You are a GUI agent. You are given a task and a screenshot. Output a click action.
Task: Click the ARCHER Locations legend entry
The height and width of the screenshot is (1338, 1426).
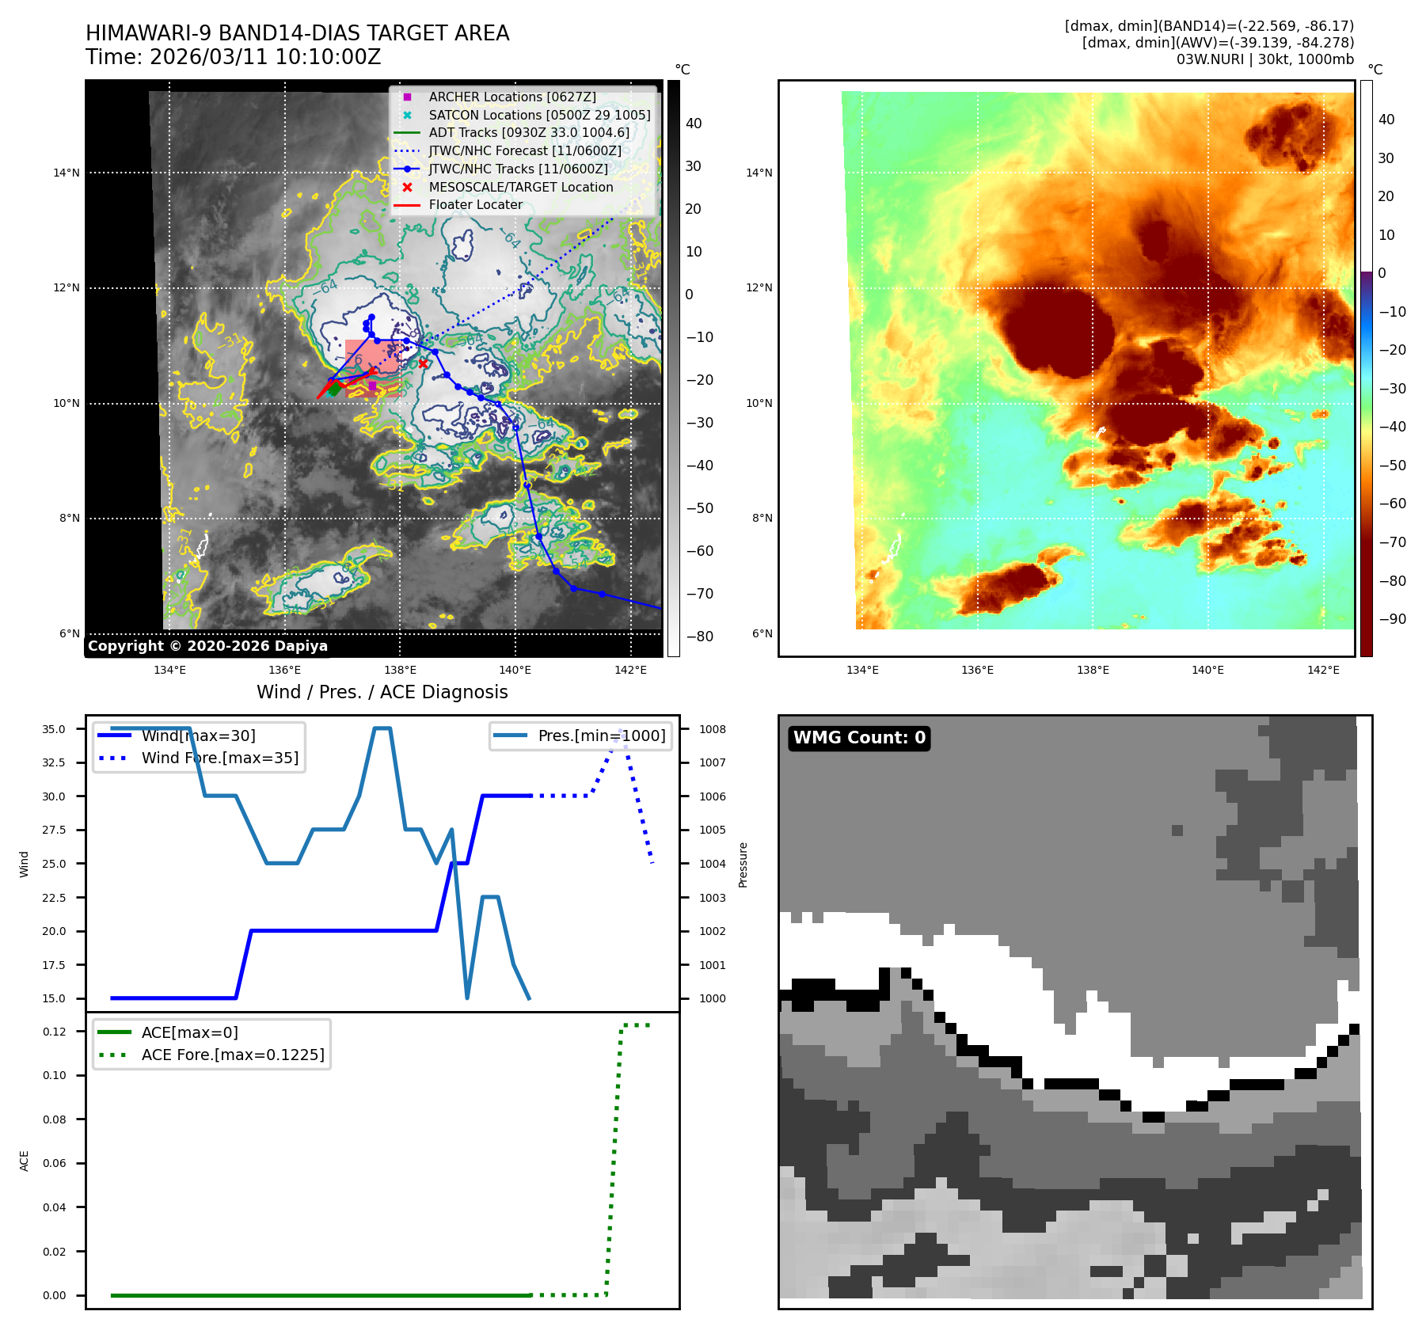point(511,97)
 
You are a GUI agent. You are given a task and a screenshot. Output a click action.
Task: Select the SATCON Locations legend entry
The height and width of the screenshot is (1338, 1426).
point(538,115)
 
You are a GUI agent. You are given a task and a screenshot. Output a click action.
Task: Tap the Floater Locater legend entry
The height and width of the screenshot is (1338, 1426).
point(475,204)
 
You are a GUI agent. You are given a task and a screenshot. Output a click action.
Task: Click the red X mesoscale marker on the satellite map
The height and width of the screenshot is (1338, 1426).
point(424,363)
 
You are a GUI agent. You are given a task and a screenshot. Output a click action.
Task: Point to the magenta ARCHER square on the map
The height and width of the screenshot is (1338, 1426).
point(372,386)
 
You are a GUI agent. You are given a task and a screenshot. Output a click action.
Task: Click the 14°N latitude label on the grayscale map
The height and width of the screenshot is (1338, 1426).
point(67,173)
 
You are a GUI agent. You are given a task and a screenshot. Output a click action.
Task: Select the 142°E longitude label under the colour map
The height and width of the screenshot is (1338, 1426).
point(1323,670)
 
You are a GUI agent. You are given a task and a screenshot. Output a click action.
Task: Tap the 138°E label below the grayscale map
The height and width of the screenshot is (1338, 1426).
point(400,670)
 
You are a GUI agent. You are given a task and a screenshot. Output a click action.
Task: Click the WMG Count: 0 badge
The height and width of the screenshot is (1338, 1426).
point(859,738)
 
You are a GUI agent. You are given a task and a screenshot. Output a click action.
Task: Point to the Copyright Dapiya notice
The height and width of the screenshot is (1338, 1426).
point(207,646)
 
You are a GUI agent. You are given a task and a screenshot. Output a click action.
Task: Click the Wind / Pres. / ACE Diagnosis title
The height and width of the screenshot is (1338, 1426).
point(382,692)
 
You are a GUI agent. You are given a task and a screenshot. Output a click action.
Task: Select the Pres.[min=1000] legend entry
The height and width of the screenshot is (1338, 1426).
point(601,736)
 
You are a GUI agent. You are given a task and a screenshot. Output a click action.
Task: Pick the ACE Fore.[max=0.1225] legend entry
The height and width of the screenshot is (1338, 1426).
point(232,1055)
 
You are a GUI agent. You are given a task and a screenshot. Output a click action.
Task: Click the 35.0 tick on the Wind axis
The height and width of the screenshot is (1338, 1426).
point(54,729)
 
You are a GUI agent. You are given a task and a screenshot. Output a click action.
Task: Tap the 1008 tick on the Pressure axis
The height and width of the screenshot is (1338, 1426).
point(712,729)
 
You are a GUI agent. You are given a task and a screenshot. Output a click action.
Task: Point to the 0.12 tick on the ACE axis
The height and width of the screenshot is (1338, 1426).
point(55,1032)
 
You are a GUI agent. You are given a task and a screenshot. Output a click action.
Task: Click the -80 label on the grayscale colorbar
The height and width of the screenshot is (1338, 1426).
point(699,637)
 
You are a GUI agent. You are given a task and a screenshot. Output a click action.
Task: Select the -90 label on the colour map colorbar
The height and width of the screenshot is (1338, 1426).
point(1392,619)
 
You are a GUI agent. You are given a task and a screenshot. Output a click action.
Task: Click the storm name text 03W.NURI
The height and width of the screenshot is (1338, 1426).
point(1209,59)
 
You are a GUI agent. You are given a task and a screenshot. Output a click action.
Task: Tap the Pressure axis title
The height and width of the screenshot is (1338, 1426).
point(743,865)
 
